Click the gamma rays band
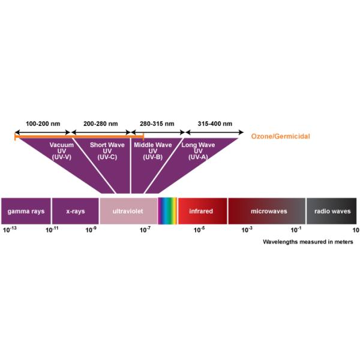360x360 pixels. pyautogui.click(x=25, y=211)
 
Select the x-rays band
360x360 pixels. pyautogui.click(x=74, y=211)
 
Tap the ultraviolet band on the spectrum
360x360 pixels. pyautogui.click(x=128, y=211)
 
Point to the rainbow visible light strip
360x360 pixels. pyautogui.click(x=167, y=211)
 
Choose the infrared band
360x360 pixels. pyautogui.click(x=202, y=211)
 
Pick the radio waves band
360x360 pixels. pyautogui.click(x=332, y=211)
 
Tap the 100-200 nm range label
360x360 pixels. pyautogui.click(x=43, y=124)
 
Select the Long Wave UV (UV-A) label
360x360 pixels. pyautogui.click(x=198, y=150)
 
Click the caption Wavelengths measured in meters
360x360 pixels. pyautogui.click(x=308, y=242)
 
